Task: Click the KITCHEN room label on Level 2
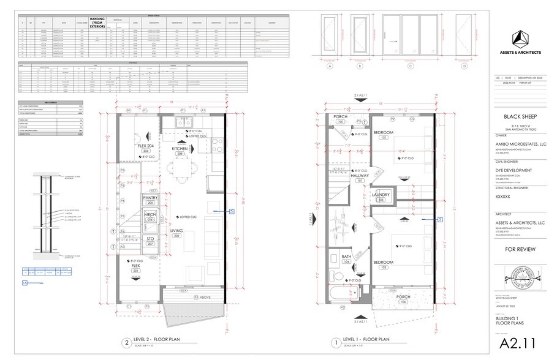pos(180,149)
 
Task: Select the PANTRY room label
pos(151,198)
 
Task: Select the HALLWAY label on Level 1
pos(360,176)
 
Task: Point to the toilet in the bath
pos(334,276)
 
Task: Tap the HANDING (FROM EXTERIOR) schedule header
pos(100,23)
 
